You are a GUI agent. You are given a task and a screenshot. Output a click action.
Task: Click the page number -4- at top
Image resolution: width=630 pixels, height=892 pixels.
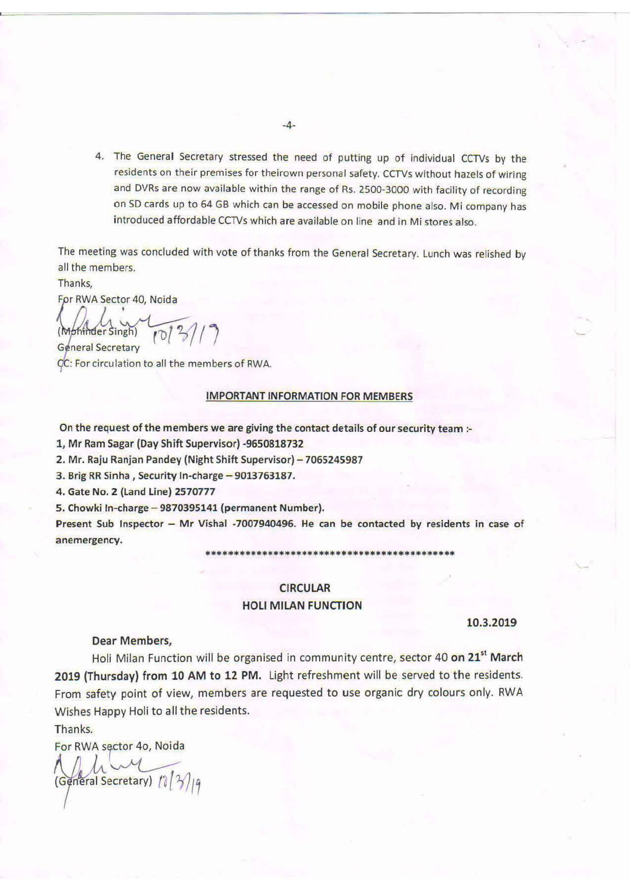coord(289,125)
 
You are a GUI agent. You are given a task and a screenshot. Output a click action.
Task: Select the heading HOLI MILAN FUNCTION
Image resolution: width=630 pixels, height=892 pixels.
coord(302,606)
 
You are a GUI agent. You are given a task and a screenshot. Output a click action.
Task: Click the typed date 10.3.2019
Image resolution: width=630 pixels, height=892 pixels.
coord(492,623)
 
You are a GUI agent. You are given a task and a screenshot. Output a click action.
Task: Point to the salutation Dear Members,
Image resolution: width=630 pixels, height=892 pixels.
coord(132,640)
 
